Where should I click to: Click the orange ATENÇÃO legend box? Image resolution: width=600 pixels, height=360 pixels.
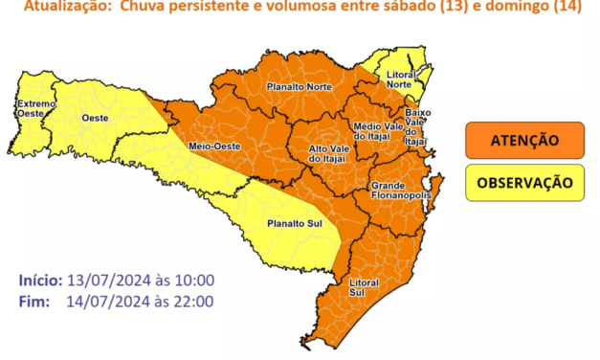coord(524,140)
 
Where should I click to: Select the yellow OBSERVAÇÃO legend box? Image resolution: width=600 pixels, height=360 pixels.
coord(524,182)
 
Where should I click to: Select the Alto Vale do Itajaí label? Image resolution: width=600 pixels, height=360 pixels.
coord(326,154)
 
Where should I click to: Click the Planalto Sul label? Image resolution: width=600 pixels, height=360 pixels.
coord(293,224)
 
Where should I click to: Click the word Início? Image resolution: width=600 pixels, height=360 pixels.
coord(41,281)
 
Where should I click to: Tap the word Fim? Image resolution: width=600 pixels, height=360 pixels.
coord(34,301)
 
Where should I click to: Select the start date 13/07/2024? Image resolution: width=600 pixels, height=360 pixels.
coord(103,281)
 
